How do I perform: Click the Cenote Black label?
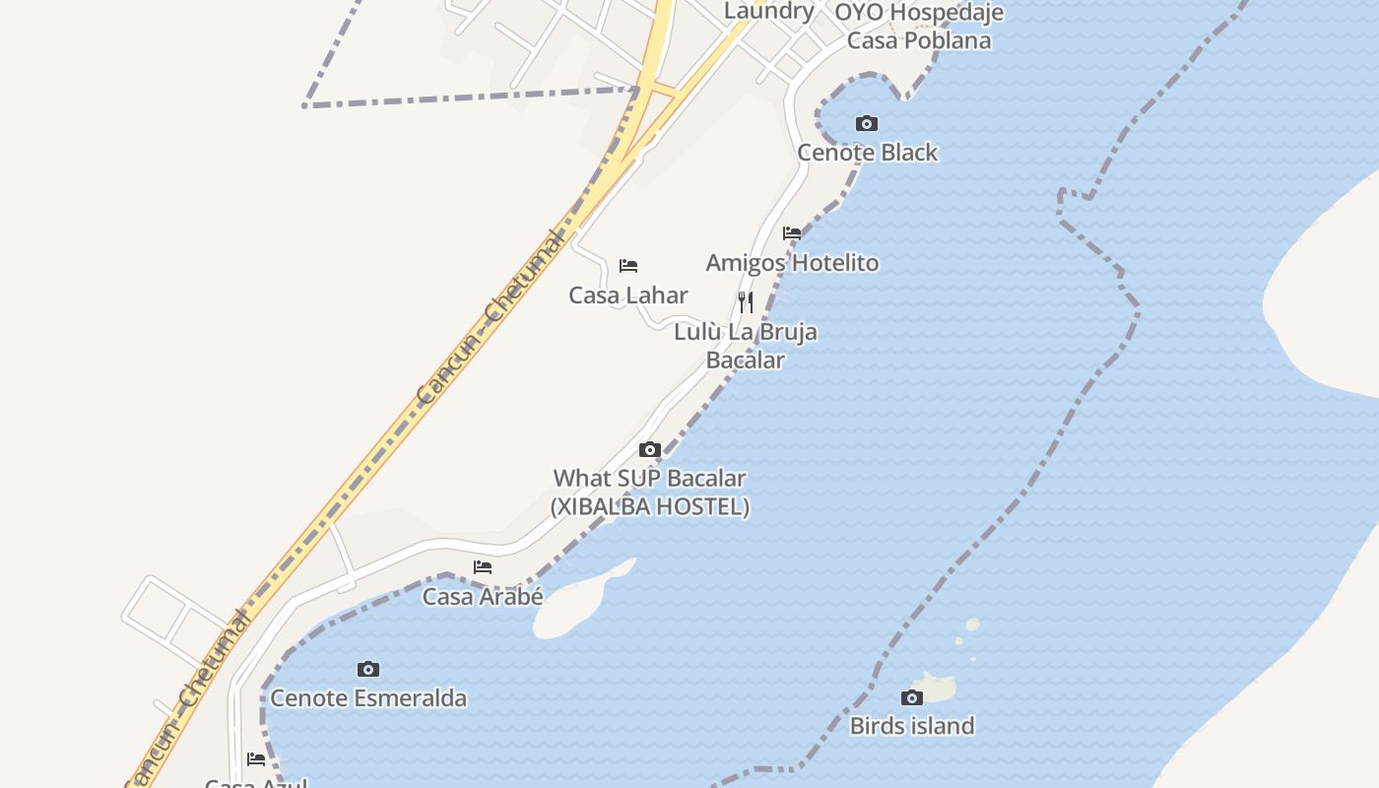[868, 153]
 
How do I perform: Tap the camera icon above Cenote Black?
[867, 123]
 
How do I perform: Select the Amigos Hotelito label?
[792, 263]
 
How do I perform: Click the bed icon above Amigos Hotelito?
[792, 233]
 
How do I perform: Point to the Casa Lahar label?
[628, 295]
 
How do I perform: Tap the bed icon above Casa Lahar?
[628, 266]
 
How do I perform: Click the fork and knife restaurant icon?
[746, 302]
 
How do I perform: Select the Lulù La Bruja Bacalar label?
[746, 346]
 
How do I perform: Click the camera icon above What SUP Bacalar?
[650, 450]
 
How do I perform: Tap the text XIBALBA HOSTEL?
[650, 507]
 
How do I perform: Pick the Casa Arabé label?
[483, 597]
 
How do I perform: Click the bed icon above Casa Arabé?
[483, 567]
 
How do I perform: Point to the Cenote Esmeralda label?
[368, 698]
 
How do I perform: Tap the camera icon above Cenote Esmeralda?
[368, 670]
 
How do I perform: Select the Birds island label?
[912, 726]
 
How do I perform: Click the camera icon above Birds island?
[912, 698]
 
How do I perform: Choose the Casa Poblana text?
[919, 41]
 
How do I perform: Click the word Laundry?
[769, 12]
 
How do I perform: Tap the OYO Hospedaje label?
[919, 13]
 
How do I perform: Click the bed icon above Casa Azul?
[256, 759]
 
